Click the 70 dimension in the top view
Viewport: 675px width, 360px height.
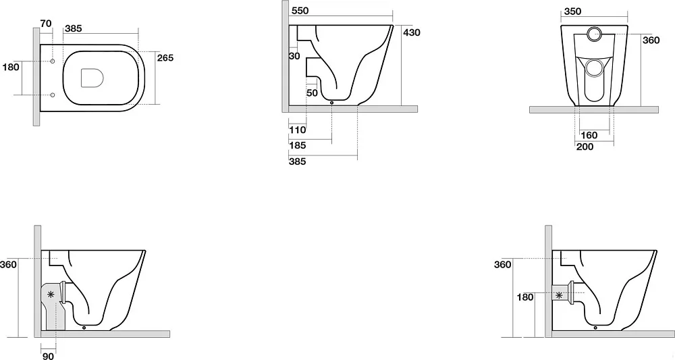46,23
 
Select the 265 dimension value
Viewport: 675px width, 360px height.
165,57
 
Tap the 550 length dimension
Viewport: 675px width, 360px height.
300,11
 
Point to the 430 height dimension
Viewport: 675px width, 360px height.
412,32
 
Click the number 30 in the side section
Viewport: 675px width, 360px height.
294,56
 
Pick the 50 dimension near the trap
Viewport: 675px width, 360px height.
312,93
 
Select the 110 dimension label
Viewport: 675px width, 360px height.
298,130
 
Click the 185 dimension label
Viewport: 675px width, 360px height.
298,145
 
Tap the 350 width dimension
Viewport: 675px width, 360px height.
572,11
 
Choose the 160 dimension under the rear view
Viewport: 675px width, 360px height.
589,135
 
